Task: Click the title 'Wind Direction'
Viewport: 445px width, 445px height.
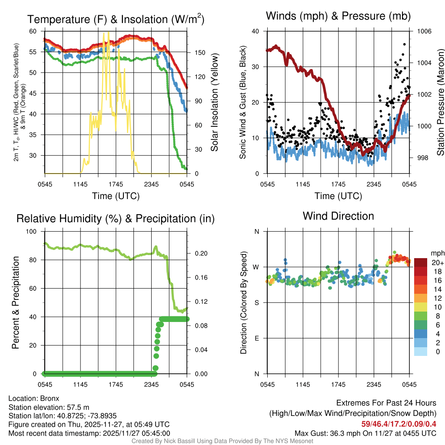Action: click(338, 216)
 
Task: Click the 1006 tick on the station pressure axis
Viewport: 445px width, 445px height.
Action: click(424, 31)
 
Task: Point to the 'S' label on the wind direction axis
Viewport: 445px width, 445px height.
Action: click(257, 302)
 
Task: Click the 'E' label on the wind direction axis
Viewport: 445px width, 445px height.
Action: click(257, 338)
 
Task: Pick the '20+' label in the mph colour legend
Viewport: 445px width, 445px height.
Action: click(438, 262)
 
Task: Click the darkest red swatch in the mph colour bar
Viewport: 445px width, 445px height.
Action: click(421, 262)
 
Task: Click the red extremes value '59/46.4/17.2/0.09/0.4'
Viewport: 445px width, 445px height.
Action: click(399, 424)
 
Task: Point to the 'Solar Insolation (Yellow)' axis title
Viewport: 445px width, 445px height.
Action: click(215, 103)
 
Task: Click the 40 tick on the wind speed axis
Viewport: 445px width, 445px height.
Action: click(256, 31)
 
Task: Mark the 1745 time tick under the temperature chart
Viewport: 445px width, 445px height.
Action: click(116, 184)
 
